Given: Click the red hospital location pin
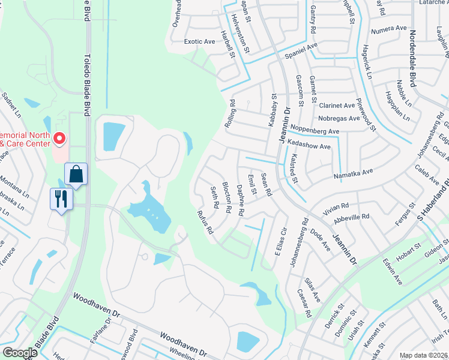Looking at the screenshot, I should (59, 139).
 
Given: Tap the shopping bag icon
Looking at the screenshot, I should (76, 174).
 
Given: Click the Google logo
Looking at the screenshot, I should (19, 352).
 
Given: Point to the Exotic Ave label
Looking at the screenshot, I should (199, 42).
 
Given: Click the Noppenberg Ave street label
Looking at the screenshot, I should (315, 130).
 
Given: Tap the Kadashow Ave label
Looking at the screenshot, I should (309, 146).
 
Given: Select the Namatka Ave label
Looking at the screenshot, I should (354, 173).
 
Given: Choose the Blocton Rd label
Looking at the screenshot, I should (227, 197).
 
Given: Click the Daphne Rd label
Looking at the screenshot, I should (240, 200).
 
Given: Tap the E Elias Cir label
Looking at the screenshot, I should (278, 241).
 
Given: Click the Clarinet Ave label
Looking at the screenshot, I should (337, 105).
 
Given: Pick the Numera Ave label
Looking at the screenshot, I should (389, 29).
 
